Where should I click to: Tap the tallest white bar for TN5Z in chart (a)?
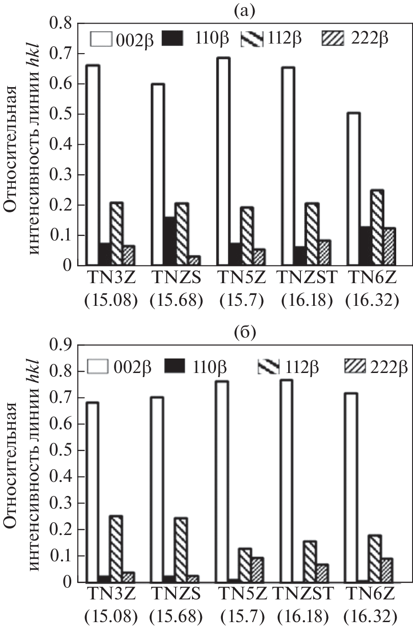pos(223,162)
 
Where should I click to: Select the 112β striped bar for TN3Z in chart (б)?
pos(116,549)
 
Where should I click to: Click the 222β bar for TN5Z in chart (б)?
pos(257,570)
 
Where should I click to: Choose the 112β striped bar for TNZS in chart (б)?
pos(181,550)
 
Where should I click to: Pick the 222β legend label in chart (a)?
pos(370,39)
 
